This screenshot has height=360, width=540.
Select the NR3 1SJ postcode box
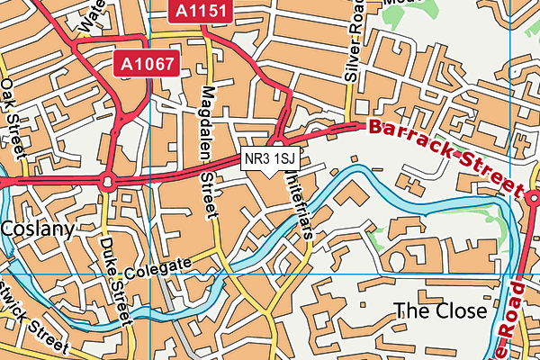[x=270, y=158]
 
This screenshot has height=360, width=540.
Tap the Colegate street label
[x=159, y=266]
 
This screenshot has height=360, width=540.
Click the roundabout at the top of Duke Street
[x=107, y=182]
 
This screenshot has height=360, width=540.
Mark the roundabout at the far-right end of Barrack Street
[x=526, y=193]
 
